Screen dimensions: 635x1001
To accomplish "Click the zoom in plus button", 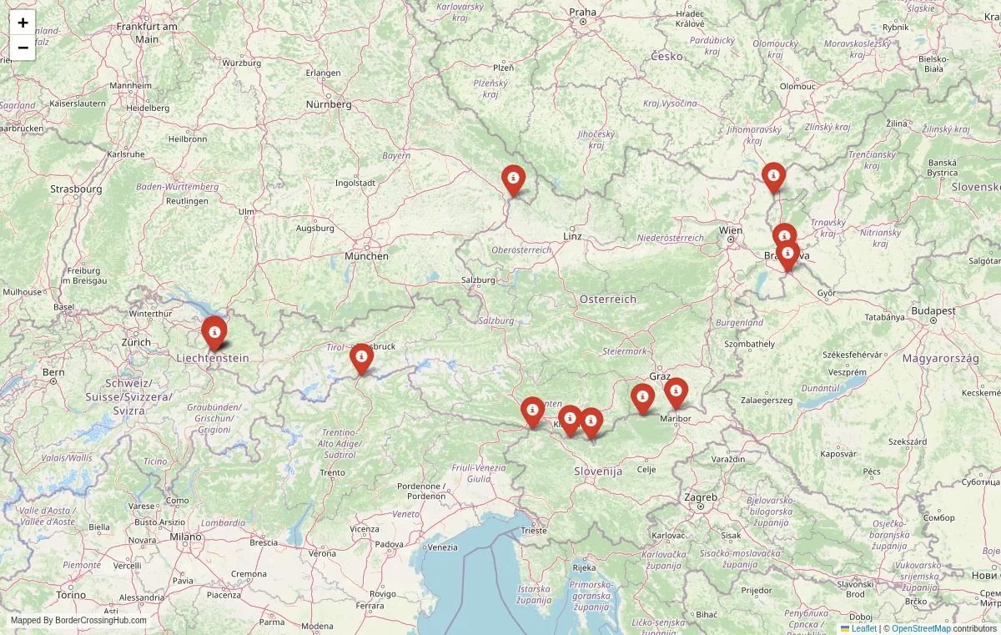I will click(23, 23).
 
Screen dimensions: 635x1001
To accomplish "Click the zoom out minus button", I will click(23, 48).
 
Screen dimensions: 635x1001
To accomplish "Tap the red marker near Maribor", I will click(676, 391).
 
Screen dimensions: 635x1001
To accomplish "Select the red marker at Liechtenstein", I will click(214, 331).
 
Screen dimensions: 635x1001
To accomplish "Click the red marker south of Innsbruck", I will click(361, 357).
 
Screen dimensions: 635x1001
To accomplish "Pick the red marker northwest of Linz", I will click(513, 179).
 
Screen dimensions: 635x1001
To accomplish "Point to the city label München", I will click(366, 255).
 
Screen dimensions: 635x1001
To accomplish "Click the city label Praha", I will click(583, 12).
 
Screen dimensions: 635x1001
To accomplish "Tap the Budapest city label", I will click(933, 310).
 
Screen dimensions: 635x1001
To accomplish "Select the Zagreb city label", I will click(701, 497).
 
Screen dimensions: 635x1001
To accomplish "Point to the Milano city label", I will click(187, 537).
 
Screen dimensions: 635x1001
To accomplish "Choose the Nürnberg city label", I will click(329, 104).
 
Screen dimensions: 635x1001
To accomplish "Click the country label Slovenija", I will click(598, 471).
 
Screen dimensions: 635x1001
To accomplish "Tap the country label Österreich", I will click(608, 299).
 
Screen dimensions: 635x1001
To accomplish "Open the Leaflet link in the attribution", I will click(863, 628).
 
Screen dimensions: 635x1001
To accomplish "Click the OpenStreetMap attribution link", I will click(921, 628).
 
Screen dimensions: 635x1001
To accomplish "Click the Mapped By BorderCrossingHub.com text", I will click(78, 620).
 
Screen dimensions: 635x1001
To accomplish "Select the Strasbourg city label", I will click(76, 189).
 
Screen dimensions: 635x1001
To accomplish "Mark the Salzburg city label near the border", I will click(478, 280).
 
